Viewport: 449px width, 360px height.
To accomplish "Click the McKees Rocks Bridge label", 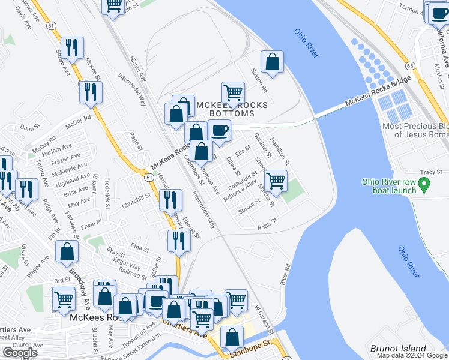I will click(x=377, y=92).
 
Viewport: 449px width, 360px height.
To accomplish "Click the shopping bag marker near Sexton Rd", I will click(x=272, y=62).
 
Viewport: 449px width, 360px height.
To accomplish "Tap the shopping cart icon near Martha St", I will click(x=276, y=181).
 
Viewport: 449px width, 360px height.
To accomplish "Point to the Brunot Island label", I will click(x=398, y=349).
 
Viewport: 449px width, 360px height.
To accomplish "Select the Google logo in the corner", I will click(x=20, y=353).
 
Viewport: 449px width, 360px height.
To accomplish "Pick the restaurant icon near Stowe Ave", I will click(x=72, y=48).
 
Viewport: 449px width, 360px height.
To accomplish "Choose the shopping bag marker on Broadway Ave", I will click(x=67, y=252).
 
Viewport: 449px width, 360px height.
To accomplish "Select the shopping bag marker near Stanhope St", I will click(x=232, y=338).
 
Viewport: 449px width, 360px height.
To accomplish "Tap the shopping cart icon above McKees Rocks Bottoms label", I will click(x=233, y=93).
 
